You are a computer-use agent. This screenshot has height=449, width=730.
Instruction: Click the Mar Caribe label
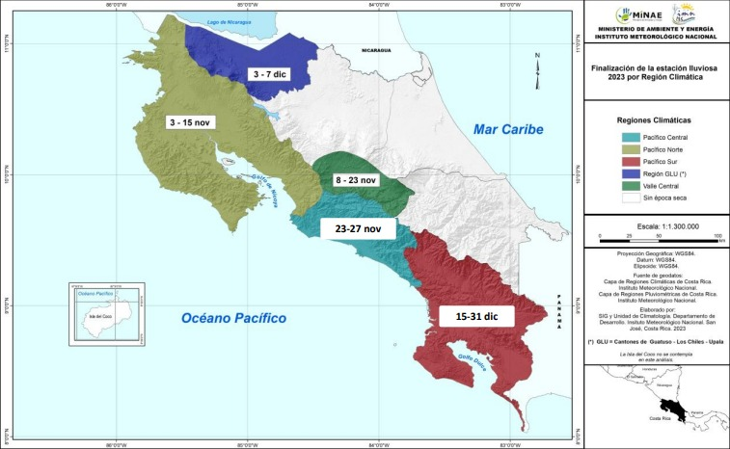tap(509, 129)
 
